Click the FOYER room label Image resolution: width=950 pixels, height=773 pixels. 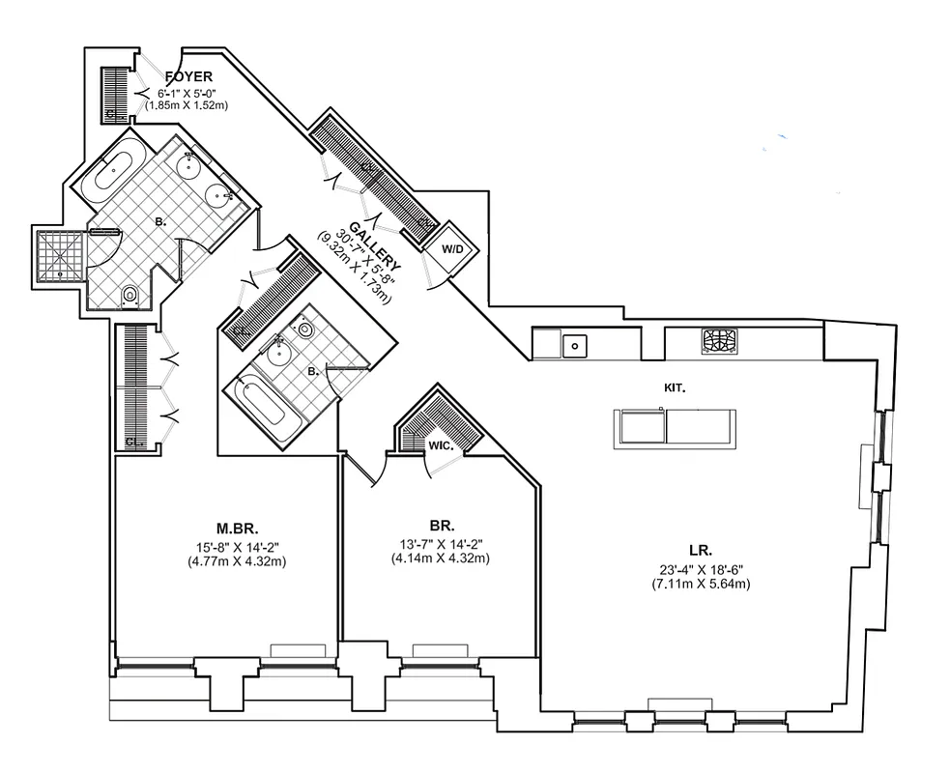[188, 76]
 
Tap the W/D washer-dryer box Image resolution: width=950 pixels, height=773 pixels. [452, 248]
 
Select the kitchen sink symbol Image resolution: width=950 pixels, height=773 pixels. [574, 343]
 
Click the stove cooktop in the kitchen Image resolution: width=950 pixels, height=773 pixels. [719, 341]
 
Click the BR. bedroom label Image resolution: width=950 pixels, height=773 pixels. [442, 527]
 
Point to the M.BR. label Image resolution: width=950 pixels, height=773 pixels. [236, 529]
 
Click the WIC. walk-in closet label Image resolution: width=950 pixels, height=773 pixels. [442, 444]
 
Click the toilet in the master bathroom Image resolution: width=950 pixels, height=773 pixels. [130, 295]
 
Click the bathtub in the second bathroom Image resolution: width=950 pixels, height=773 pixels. [262, 410]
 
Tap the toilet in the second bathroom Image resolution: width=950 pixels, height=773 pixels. [306, 329]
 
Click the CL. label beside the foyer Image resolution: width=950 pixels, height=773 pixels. [113, 113]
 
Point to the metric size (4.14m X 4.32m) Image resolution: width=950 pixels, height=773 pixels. [442, 558]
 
